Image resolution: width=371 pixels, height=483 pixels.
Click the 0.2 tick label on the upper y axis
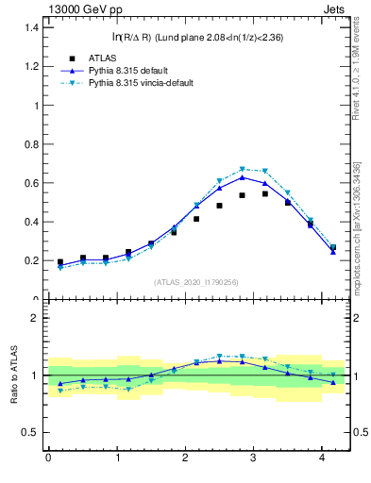coord(30,260)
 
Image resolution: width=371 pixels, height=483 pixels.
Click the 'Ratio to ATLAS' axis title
coord(12,375)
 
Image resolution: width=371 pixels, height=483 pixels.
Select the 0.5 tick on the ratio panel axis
coord(30,433)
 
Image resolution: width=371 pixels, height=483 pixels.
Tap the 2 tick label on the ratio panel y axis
coord(35,318)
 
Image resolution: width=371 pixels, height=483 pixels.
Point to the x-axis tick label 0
coord(48,458)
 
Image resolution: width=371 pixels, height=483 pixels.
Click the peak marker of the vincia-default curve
coord(242,170)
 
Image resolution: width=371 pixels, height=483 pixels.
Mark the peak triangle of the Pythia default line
coord(242,176)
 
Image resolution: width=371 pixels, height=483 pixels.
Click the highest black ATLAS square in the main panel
coord(265,193)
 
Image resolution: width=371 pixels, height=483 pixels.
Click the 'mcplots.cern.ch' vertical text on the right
coord(361,241)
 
